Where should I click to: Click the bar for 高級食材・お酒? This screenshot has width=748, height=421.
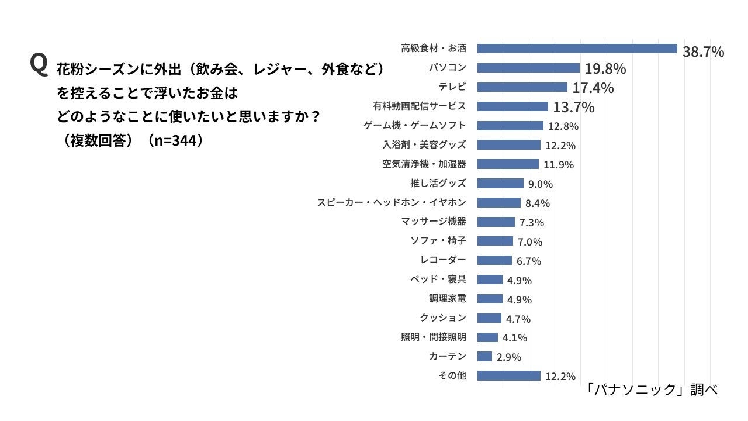(577, 49)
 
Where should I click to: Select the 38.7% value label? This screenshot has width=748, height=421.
(703, 52)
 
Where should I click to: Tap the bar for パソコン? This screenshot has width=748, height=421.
(528, 68)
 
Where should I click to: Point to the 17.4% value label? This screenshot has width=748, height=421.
(593, 88)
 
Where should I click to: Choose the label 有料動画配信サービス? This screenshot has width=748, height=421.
(420, 106)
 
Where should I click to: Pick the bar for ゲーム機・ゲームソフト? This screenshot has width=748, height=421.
(510, 126)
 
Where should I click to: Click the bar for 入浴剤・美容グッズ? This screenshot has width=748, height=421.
(508, 144)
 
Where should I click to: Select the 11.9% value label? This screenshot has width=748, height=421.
(559, 164)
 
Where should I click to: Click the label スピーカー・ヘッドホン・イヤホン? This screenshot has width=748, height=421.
(392, 202)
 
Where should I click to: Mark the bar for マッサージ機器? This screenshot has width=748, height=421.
(496, 222)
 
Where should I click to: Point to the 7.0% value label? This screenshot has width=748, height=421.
(530, 241)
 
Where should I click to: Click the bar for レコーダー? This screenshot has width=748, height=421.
(494, 260)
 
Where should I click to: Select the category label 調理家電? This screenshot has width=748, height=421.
(448, 299)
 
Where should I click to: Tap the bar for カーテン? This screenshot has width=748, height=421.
(484, 356)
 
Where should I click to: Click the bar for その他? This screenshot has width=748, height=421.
(508, 375)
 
